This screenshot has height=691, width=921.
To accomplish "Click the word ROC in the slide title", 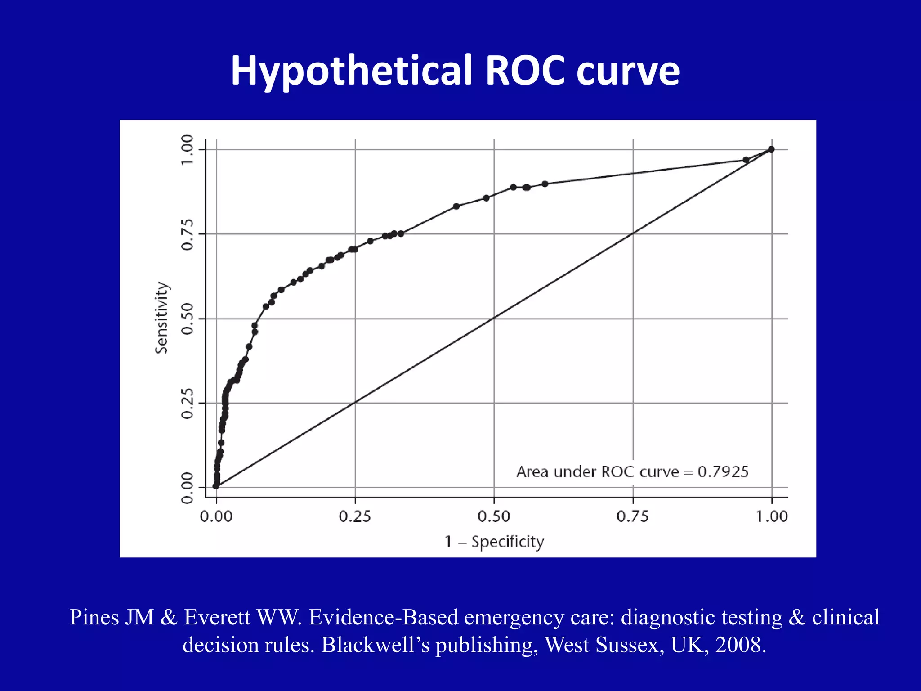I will coord(525,71).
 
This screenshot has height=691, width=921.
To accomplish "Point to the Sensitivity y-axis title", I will coord(161,318).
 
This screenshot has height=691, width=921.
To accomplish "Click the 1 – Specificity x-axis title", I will coord(494,542).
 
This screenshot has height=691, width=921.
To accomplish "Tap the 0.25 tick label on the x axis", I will coord(355,516).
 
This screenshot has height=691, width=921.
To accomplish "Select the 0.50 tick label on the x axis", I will coord(494,516).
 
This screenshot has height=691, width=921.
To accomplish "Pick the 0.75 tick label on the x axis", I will coord(632,516).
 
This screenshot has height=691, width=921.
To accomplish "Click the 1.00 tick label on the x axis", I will coord(772,516).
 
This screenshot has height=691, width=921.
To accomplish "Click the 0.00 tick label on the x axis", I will coord(216,516).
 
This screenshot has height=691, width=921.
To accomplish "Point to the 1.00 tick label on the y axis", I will coord(187,150).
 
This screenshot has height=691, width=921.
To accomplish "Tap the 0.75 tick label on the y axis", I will coord(187,234).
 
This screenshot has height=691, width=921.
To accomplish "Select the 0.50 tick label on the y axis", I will coord(187,319).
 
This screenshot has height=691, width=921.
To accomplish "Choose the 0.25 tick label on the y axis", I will coord(187,403).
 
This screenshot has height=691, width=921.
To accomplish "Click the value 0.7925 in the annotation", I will coord(723,472).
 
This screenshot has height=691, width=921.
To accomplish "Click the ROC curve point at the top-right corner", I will coord(771,149).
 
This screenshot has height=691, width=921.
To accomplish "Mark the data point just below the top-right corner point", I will coord(746,160).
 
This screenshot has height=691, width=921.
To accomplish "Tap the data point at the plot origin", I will coord(216,486).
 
